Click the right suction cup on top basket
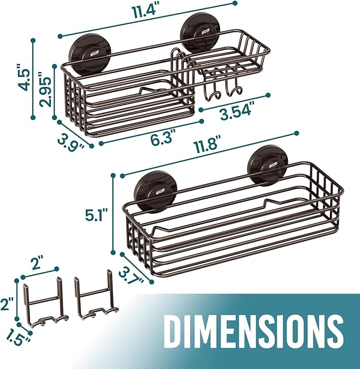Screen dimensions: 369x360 click(x=199, y=32)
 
